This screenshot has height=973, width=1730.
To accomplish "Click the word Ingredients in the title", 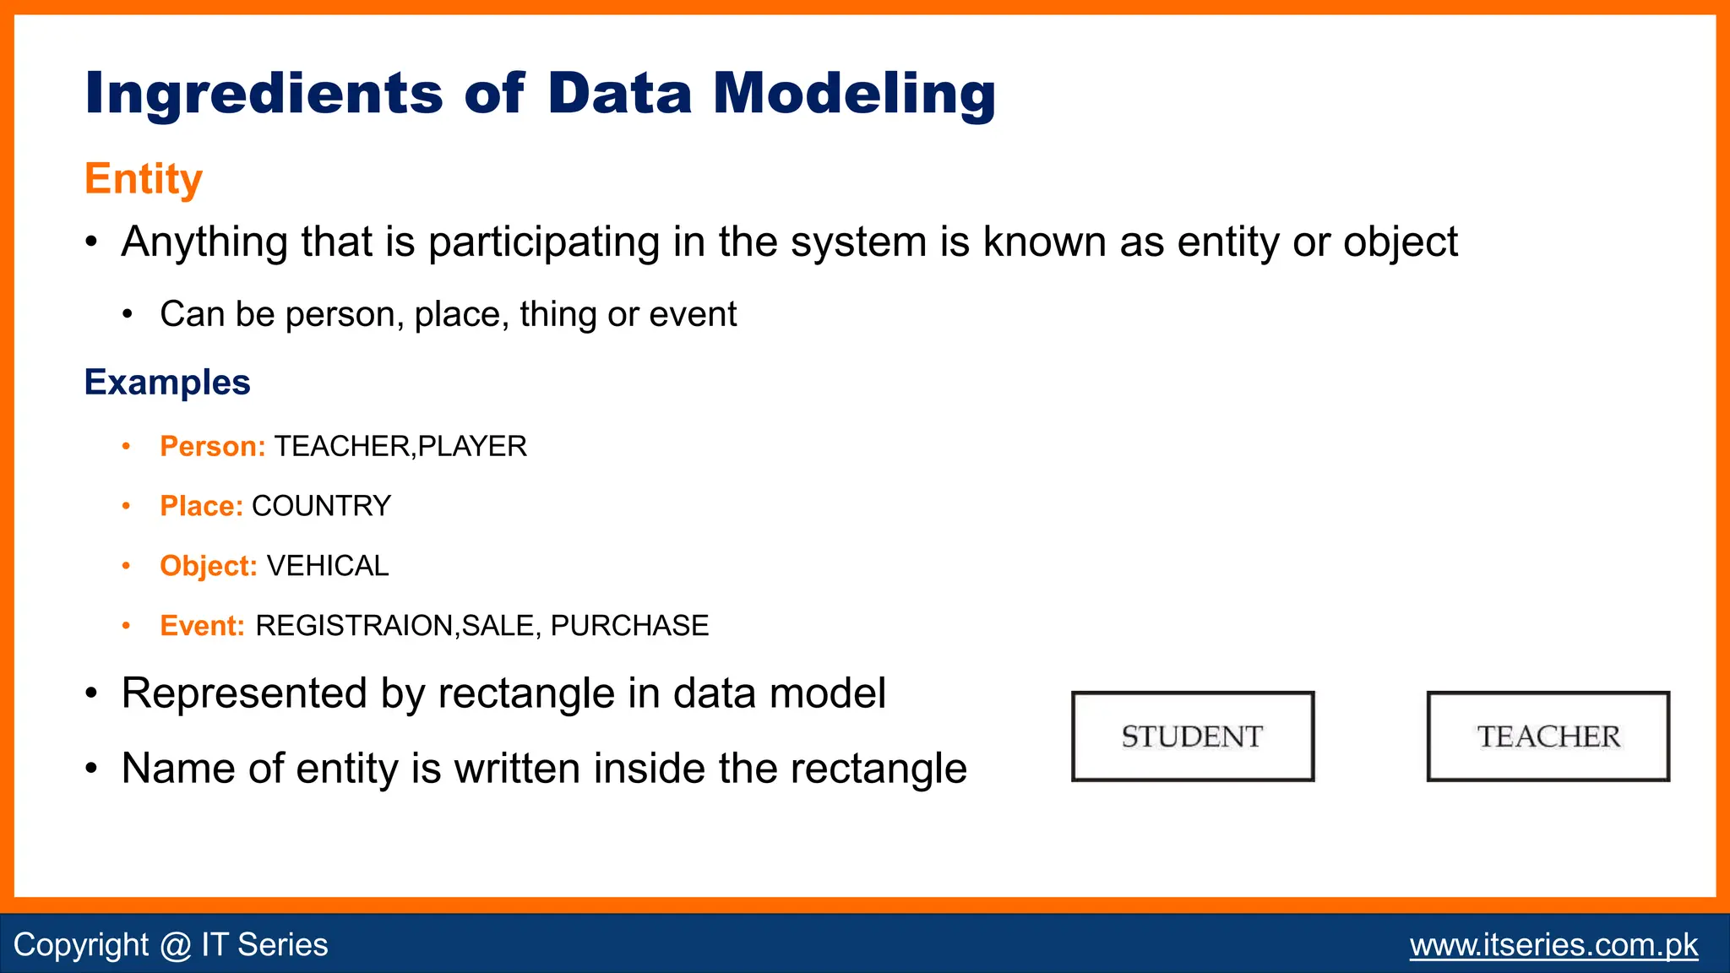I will click(x=264, y=93).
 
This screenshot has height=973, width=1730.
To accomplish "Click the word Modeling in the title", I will click(x=854, y=93).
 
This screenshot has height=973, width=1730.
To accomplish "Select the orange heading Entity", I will click(x=144, y=179).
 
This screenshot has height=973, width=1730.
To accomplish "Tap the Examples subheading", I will click(x=167, y=383).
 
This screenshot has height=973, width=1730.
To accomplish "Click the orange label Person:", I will click(x=213, y=446).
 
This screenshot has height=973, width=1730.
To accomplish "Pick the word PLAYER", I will click(x=472, y=446).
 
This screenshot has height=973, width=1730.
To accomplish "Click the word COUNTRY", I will click(x=322, y=506).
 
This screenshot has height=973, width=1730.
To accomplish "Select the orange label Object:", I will click(x=209, y=566).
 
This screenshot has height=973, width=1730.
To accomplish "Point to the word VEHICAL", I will click(x=328, y=566).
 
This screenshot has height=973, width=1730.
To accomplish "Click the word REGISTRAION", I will click(x=355, y=626).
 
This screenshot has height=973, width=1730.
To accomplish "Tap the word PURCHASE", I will click(x=629, y=626).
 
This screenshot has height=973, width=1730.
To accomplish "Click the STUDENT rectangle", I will click(x=1193, y=737).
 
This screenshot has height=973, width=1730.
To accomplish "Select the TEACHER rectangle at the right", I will click(x=1548, y=737).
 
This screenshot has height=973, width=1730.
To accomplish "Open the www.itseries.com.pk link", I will click(x=1553, y=944).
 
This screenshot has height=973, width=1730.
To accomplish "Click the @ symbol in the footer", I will click(x=175, y=944).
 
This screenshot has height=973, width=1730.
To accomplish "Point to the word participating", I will click(x=544, y=242).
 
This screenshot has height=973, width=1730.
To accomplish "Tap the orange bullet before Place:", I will click(x=127, y=506).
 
